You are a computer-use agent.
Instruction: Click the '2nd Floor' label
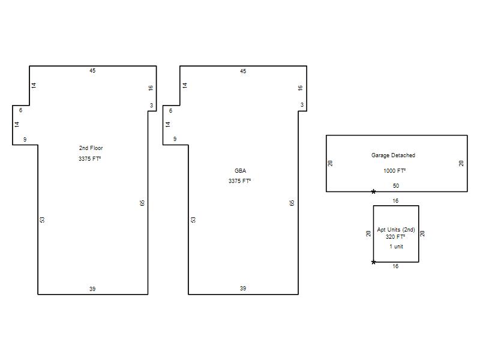[91, 148]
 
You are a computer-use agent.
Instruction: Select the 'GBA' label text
[241, 171]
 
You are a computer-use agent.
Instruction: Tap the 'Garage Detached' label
[394, 155]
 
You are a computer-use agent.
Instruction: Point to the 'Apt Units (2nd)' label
[396, 230]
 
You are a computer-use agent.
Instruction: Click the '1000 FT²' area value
[395, 170]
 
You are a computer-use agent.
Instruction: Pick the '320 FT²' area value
[395, 236]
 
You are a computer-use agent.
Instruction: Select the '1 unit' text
[397, 247]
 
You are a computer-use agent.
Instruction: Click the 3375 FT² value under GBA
[239, 181]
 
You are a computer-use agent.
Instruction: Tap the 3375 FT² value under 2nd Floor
[89, 158]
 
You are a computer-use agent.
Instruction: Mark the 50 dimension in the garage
[396, 186]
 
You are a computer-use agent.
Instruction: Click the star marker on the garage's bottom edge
[373, 192]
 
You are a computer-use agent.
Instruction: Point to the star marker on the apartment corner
[373, 262]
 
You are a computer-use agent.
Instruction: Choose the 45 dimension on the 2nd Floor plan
[92, 71]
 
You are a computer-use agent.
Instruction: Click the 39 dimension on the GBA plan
[243, 289]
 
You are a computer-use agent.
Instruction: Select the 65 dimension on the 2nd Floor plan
[142, 203]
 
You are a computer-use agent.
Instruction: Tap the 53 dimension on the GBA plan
[193, 220]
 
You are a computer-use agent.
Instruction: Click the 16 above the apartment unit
[395, 201]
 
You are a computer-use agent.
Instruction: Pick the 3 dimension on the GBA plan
[302, 104]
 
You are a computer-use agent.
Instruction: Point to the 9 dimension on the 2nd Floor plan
[25, 140]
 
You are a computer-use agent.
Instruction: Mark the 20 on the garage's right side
[461, 163]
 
